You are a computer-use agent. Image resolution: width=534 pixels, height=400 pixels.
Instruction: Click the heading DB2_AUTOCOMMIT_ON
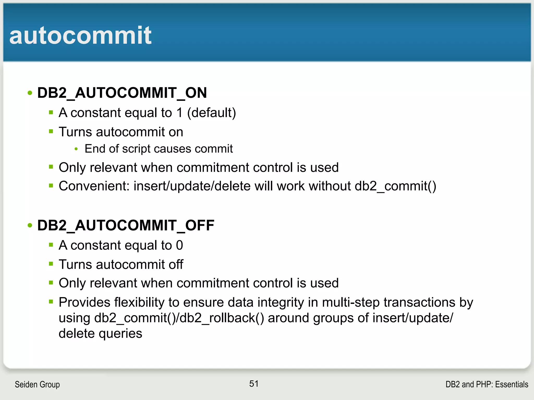122,93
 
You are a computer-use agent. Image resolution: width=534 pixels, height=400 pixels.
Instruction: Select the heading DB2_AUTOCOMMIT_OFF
126,226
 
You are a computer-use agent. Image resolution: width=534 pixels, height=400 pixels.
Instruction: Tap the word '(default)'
211,113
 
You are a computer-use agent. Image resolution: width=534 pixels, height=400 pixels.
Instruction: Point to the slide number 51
254,384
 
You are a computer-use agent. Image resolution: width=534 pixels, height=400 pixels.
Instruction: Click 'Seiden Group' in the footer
37,384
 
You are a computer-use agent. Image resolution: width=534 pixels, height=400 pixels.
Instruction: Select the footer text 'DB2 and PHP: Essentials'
487,384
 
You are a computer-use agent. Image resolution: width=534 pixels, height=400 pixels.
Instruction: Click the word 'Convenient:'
94,186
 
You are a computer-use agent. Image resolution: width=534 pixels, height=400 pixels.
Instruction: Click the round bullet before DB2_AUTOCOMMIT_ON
30,93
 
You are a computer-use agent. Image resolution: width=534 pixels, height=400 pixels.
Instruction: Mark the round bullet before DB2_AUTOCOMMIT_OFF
30,226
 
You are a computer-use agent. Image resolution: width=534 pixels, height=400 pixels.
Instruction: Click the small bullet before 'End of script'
76,149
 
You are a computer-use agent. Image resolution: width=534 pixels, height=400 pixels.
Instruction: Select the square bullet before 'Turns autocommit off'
51,264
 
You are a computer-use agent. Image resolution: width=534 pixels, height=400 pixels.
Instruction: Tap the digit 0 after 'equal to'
179,245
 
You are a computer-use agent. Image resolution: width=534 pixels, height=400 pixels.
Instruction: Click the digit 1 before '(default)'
179,113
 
